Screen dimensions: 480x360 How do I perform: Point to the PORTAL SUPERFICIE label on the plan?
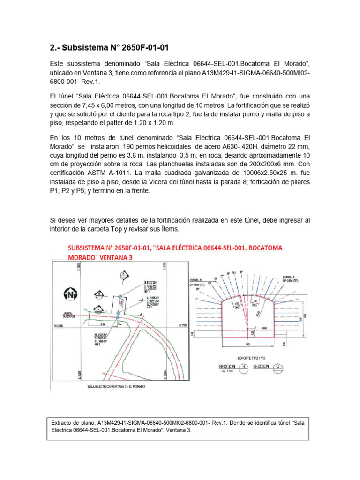click(x=63, y=315)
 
